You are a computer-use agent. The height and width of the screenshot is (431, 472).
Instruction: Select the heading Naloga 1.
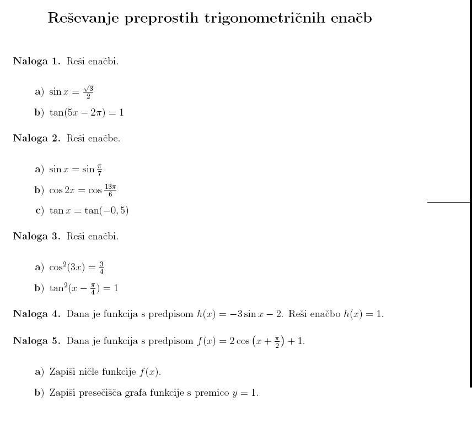pyautogui.click(x=36, y=61)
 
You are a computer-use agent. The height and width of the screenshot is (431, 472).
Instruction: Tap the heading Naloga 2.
pyautogui.click(x=36, y=138)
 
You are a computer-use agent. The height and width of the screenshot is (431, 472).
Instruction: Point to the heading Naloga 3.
pyautogui.click(x=36, y=236)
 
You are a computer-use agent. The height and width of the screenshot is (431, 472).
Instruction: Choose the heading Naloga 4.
pyautogui.click(x=36, y=314)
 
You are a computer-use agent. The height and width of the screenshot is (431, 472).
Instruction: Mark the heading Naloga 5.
pyautogui.click(x=36, y=341)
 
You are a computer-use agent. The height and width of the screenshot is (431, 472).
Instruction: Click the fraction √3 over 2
pyautogui.click(x=88, y=92)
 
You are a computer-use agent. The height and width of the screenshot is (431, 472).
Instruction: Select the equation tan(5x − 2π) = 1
pyautogui.click(x=87, y=112)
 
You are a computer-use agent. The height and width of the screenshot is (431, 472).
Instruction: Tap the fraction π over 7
pyautogui.click(x=99, y=170)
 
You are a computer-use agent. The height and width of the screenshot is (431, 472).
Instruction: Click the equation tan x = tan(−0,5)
pyautogui.click(x=89, y=210)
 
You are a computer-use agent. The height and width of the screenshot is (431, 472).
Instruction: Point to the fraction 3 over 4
pyautogui.click(x=101, y=268)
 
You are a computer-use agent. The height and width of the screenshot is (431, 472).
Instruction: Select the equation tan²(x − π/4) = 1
pyautogui.click(x=84, y=288)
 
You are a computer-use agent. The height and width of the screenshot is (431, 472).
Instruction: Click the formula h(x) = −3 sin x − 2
pyautogui.click(x=240, y=314)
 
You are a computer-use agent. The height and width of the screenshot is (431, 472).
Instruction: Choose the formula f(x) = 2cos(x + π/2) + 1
pyautogui.click(x=250, y=341)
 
